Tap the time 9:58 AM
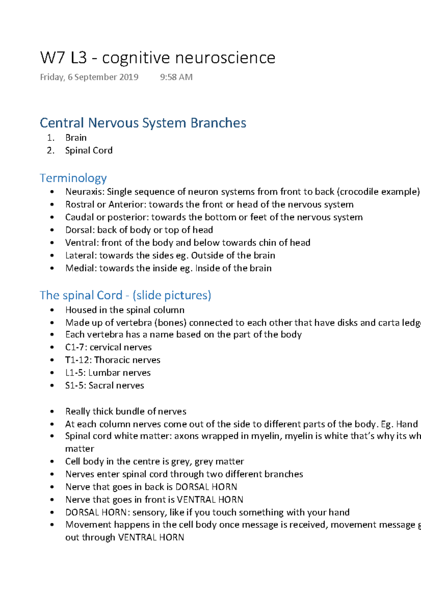(x=176, y=77)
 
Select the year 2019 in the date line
(x=129, y=77)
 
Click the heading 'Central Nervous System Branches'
(x=143, y=123)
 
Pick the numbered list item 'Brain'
(x=76, y=138)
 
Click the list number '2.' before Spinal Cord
(x=51, y=151)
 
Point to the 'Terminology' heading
(x=73, y=178)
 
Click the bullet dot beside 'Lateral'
(x=52, y=256)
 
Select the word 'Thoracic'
(x=113, y=360)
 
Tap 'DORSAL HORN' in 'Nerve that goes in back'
(x=206, y=487)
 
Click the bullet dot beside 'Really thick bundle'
(x=52, y=411)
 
